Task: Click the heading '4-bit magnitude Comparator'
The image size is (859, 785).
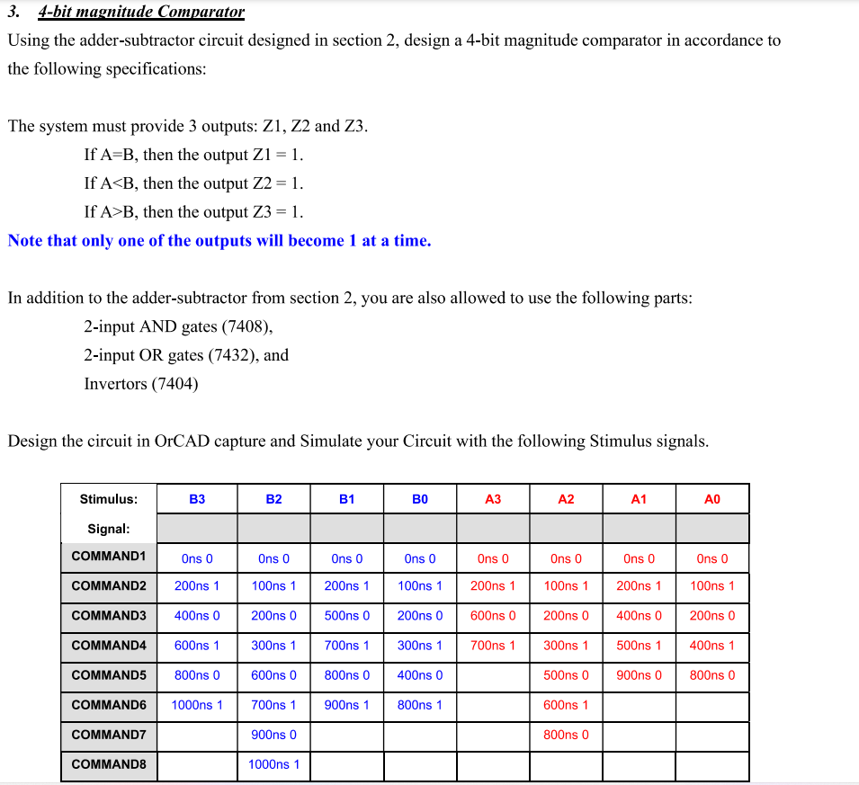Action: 141,12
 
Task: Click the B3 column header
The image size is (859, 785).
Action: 197,499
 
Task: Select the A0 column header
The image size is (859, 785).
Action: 711,499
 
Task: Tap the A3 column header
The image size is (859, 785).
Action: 493,499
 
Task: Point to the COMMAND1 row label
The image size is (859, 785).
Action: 108,556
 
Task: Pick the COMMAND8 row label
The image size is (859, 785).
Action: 108,765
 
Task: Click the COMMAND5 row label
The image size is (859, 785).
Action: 108,675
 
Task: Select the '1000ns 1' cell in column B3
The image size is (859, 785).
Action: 197,705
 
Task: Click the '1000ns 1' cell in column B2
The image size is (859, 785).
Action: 274,765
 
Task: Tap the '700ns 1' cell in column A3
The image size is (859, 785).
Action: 493,646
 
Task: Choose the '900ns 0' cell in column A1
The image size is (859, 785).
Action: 639,675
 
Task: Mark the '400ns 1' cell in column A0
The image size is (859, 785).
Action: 711,646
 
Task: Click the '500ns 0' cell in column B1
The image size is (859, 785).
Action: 347,616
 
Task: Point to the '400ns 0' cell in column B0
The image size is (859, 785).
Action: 420,675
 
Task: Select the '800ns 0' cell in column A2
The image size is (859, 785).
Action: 566,735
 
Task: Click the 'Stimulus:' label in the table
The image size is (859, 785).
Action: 108,499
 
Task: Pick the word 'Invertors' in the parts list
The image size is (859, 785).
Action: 115,384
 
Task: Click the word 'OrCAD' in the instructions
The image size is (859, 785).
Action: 183,442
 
